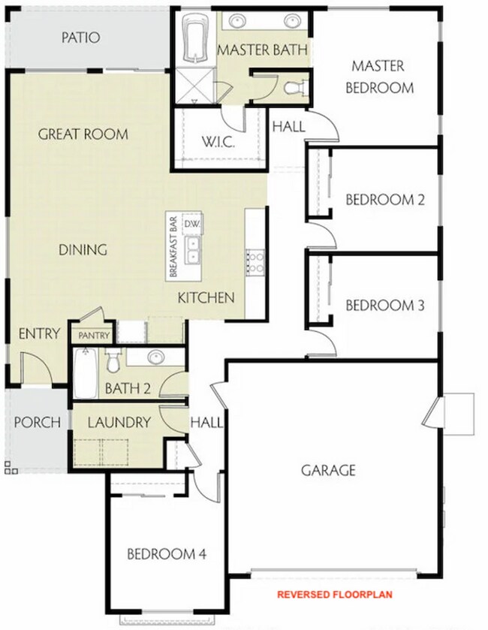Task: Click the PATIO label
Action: tap(80, 38)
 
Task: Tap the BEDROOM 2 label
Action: tap(385, 200)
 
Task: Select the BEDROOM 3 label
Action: tap(385, 306)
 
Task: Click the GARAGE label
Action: tap(328, 471)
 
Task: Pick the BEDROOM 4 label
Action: tap(166, 555)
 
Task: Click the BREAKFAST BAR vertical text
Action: tap(173, 247)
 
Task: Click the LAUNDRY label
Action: tap(119, 423)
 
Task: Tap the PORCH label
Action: tap(36, 423)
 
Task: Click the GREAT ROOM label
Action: tap(83, 134)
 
